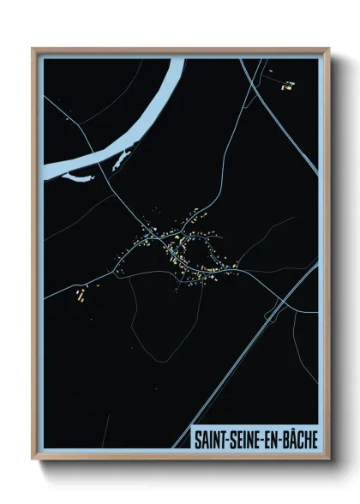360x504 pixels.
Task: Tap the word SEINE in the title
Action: click(x=243, y=437)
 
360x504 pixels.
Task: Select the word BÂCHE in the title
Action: click(x=296, y=437)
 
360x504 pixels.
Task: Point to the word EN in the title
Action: click(x=268, y=437)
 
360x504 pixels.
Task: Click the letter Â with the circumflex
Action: click(x=287, y=436)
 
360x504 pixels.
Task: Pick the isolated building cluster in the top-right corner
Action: click(x=286, y=84)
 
